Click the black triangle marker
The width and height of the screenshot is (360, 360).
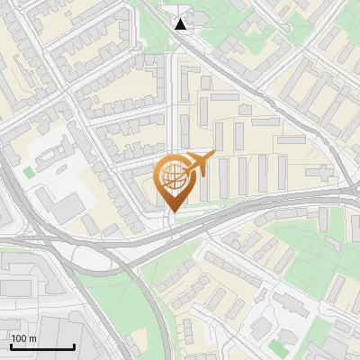pyautogui.click(x=182, y=23)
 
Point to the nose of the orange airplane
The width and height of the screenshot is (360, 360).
pyautogui.click(x=212, y=154)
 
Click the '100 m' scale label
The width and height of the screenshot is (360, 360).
pyautogui.click(x=24, y=338)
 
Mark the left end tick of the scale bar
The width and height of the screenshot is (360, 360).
pyautogui.click(x=11, y=345)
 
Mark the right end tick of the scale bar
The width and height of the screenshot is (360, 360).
pyautogui.click(x=74, y=345)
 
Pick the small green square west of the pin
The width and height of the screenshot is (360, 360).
pyautogui.click(x=30, y=171)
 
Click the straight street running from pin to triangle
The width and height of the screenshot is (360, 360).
pyautogui.click(x=174, y=99)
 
